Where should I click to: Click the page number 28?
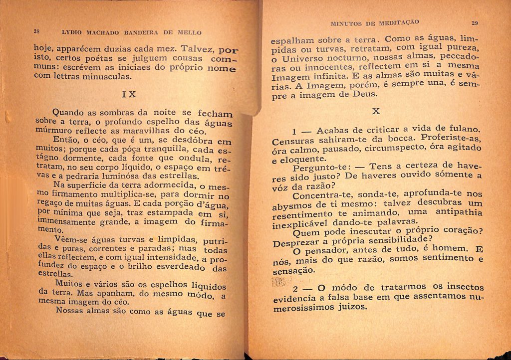pos(36,31)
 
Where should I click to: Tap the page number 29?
pos(475,22)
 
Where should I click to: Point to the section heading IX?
pos(129,94)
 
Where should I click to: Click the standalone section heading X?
pos(376,112)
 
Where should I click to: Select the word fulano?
pos(462,129)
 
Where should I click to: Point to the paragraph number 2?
pos(295,290)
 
